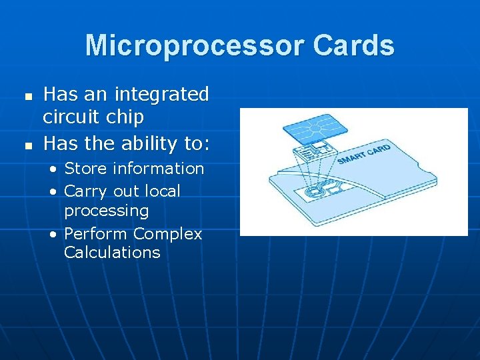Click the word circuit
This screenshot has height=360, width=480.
click(71, 117)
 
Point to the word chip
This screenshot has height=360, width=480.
click(125, 118)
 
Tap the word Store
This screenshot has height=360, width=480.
click(87, 169)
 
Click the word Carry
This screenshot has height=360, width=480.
click(85, 191)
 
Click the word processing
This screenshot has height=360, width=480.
click(106, 211)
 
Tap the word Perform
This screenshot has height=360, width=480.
click(96, 234)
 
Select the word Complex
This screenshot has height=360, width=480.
click(167, 234)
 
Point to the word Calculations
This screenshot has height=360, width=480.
click(112, 253)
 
